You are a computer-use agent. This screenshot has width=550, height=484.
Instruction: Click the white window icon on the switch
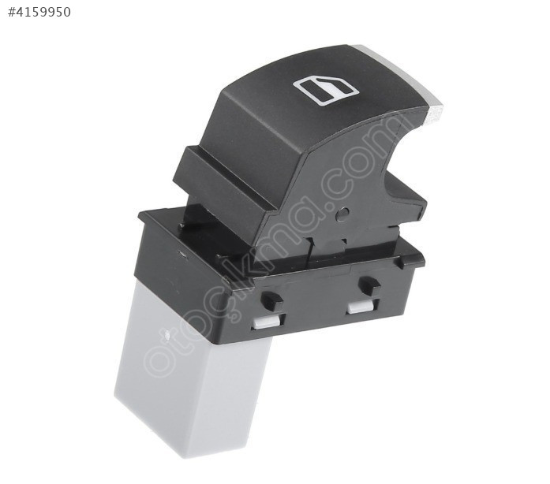pyautogui.click(x=326, y=91)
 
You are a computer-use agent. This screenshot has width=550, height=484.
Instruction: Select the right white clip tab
pyautogui.click(x=361, y=307)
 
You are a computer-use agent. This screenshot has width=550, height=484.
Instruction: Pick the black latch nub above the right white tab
pyautogui.click(x=369, y=285)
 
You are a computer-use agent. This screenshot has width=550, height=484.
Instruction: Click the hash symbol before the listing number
pyautogui.click(x=13, y=13)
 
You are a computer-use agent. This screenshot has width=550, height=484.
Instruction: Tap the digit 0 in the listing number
pyautogui.click(x=65, y=13)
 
